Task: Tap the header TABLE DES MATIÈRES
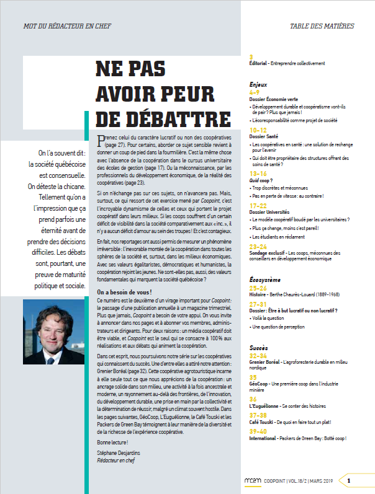tap(322, 26)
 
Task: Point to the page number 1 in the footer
tap(349, 480)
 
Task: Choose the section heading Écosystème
tap(263, 280)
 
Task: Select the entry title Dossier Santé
tap(264, 137)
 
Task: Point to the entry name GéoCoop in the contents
tap(259, 384)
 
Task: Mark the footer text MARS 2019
tap(322, 480)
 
